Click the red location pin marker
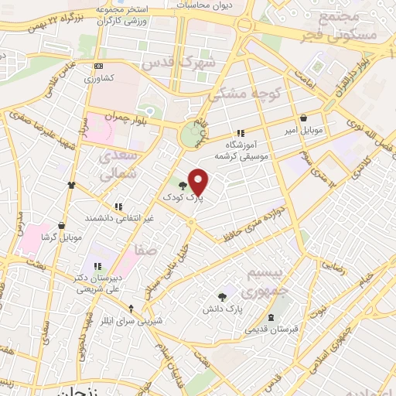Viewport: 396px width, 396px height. pyautogui.click(x=199, y=181)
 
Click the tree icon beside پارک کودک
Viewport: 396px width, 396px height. pyautogui.click(x=183, y=186)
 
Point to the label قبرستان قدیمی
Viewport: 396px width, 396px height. pyautogui.click(x=271, y=329)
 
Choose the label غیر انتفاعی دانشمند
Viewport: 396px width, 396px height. pyautogui.click(x=118, y=219)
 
